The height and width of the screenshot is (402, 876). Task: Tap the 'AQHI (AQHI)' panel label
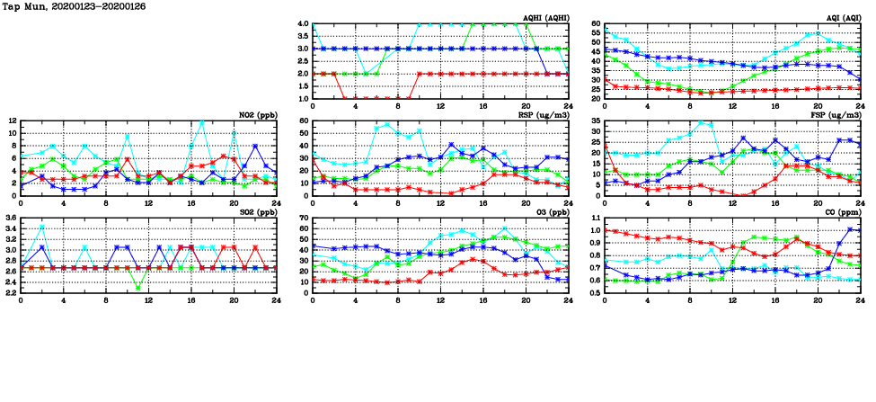pyautogui.click(x=542, y=17)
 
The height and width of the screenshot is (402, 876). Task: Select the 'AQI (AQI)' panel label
pyautogui.click(x=841, y=17)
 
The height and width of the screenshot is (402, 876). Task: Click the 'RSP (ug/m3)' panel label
pyautogui.click(x=542, y=114)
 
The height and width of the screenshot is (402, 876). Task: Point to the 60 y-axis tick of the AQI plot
pyautogui.click(x=597, y=24)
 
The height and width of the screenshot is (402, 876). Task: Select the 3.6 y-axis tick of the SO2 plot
pyautogui.click(x=10, y=219)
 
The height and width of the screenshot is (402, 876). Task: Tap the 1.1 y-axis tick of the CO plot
pyautogui.click(x=597, y=219)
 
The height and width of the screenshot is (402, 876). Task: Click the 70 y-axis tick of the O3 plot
pyautogui.click(x=304, y=219)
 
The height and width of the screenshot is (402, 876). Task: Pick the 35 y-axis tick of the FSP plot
pyautogui.click(x=597, y=121)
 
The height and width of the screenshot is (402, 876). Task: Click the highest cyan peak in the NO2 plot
pyautogui.click(x=201, y=121)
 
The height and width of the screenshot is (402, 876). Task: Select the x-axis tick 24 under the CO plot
pyautogui.click(x=860, y=299)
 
